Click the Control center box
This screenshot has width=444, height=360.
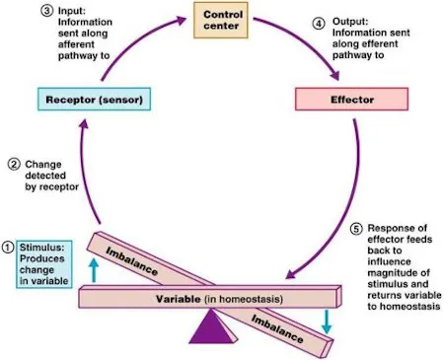point(222,21)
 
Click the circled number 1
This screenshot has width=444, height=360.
point(9,246)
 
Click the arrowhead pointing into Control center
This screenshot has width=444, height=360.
point(180,18)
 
